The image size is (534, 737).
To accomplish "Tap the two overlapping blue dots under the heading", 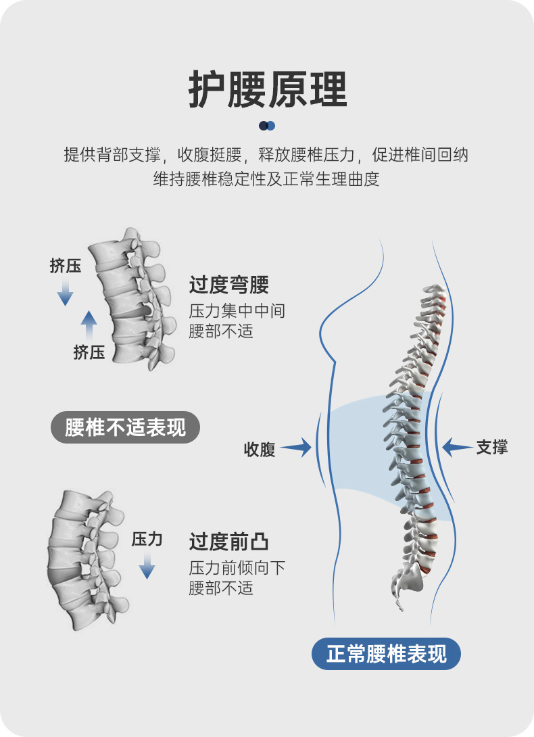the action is click(x=267, y=126).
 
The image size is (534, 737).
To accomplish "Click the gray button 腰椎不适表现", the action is click(x=126, y=427).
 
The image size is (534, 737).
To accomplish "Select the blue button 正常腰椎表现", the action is click(x=386, y=655).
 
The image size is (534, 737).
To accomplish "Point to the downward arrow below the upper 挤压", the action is click(x=65, y=292).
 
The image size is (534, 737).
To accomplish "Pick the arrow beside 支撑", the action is click(x=458, y=446).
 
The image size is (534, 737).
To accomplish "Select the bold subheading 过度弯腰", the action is click(x=229, y=285).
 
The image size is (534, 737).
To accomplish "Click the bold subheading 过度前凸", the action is click(x=229, y=542).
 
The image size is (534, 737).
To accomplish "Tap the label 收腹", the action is click(x=260, y=449).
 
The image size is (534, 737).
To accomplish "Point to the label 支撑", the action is click(x=492, y=446).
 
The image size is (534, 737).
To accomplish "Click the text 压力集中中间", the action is click(x=237, y=311).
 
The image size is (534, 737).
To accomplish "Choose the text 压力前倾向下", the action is click(x=237, y=568).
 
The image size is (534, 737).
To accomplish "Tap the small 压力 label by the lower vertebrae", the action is click(x=147, y=539).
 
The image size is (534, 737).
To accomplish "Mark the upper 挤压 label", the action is click(x=66, y=266).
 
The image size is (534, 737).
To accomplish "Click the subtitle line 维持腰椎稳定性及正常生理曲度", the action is click(x=267, y=180).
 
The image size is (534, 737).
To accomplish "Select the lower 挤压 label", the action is click(x=89, y=352).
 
